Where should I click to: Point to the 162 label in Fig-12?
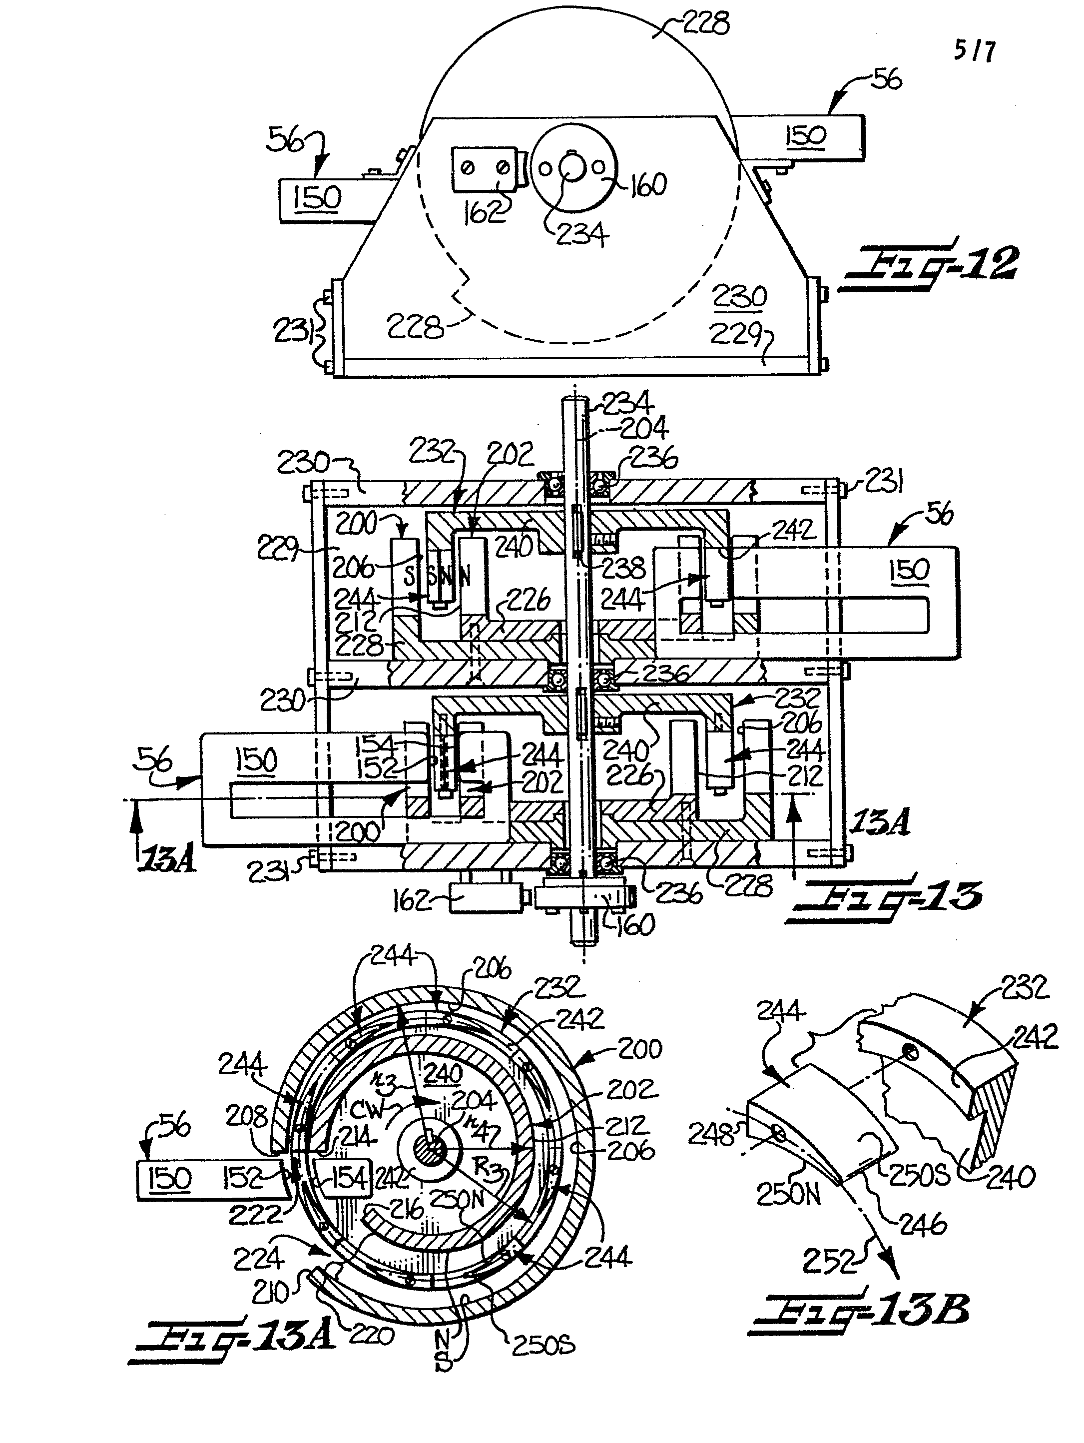tap(484, 212)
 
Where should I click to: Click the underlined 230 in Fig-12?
tap(739, 297)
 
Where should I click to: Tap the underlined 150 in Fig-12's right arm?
tap(805, 136)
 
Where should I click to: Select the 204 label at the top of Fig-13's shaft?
tap(642, 428)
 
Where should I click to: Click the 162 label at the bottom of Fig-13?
tap(412, 901)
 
